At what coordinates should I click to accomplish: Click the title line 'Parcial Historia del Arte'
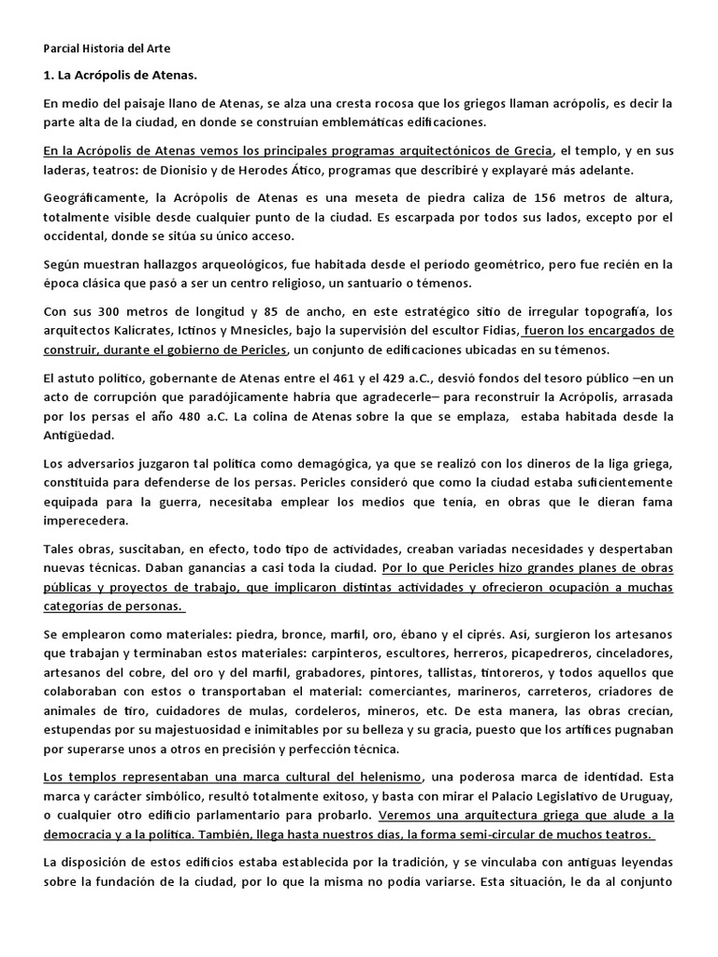[107, 48]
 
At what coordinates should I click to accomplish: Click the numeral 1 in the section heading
[48, 74]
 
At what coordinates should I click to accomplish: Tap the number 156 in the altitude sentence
[547, 199]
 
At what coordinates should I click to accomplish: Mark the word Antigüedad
[80, 436]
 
